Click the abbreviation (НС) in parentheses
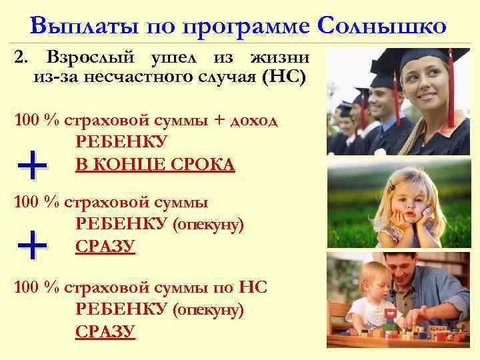coord(285,79)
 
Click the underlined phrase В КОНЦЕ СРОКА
coord(155,164)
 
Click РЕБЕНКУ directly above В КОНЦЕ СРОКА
coord(122,143)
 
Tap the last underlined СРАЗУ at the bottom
coord(106,331)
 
